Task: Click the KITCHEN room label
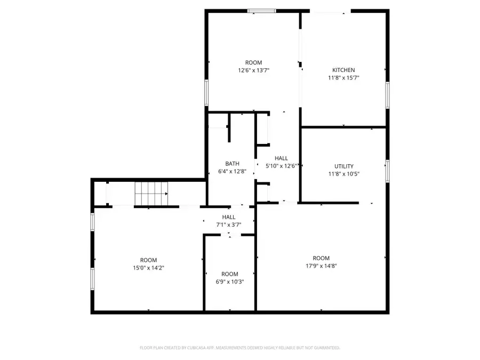tap(343, 70)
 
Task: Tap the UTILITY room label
tap(343, 166)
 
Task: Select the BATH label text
tap(232, 164)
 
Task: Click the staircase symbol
tap(151, 193)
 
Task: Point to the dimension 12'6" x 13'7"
tap(253, 70)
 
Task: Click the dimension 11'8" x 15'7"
tap(343, 77)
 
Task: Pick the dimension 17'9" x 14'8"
tap(322, 266)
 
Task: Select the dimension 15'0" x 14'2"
tap(148, 268)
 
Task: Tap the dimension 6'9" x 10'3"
tap(229, 282)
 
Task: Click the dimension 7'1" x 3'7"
tap(229, 225)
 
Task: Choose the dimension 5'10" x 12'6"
tap(282, 166)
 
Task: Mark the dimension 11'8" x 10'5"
tap(343, 173)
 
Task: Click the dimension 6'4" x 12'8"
tap(232, 171)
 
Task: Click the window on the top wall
tap(261, 10)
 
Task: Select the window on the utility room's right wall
tap(388, 171)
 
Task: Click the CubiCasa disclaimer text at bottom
tap(239, 348)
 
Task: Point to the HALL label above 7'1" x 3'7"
tap(229, 217)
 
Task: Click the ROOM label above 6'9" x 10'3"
tap(229, 274)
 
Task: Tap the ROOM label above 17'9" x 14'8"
tap(322, 258)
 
